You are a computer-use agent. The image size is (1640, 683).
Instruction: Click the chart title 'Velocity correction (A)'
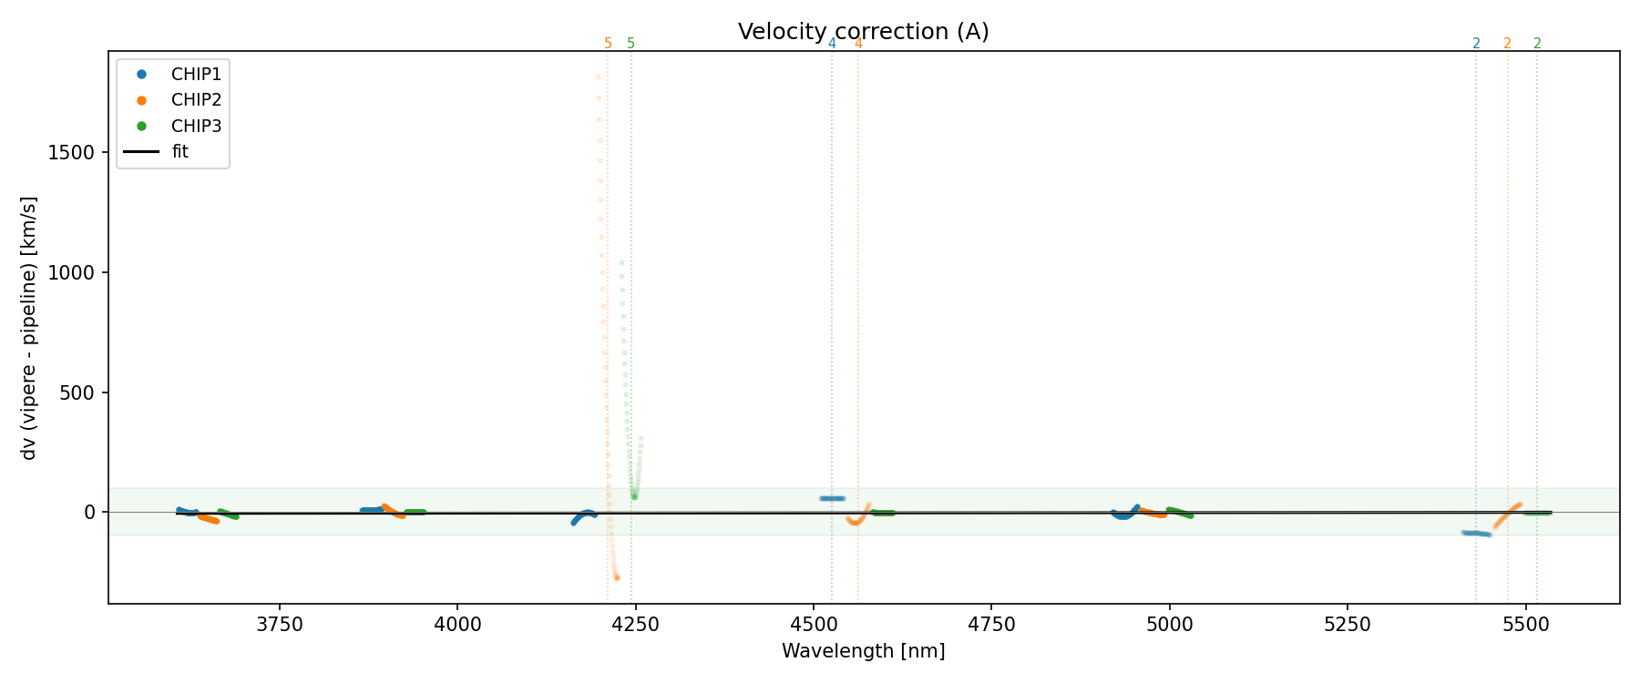[x=863, y=32]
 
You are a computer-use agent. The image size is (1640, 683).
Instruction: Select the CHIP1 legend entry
[x=196, y=75]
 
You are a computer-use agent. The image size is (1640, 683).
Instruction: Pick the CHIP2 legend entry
[x=196, y=100]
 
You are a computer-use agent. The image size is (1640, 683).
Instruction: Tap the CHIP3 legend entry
[x=196, y=127]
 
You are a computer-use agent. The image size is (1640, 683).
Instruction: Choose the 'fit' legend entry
[x=179, y=152]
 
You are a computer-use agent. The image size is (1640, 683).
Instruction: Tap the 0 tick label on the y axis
[x=89, y=513]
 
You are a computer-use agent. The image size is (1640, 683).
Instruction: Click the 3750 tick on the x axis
[x=280, y=625]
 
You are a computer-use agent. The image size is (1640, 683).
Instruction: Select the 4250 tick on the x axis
[x=635, y=625]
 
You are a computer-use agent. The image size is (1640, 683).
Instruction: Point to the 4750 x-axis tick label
[x=991, y=625]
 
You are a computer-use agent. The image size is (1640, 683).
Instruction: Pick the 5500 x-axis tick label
[x=1525, y=625]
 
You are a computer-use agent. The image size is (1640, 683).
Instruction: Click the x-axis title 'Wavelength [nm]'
[x=863, y=651]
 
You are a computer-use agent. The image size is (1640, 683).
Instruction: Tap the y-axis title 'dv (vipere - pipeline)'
[x=29, y=328]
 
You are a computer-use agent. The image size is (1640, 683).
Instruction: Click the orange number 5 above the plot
[x=608, y=44]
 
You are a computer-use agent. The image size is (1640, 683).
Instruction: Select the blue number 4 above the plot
[x=832, y=44]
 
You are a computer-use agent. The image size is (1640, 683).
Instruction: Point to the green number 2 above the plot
[x=1537, y=44]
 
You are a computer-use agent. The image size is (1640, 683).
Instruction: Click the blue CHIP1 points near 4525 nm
[x=832, y=498]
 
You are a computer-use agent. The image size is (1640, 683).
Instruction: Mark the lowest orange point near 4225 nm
[x=617, y=577]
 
